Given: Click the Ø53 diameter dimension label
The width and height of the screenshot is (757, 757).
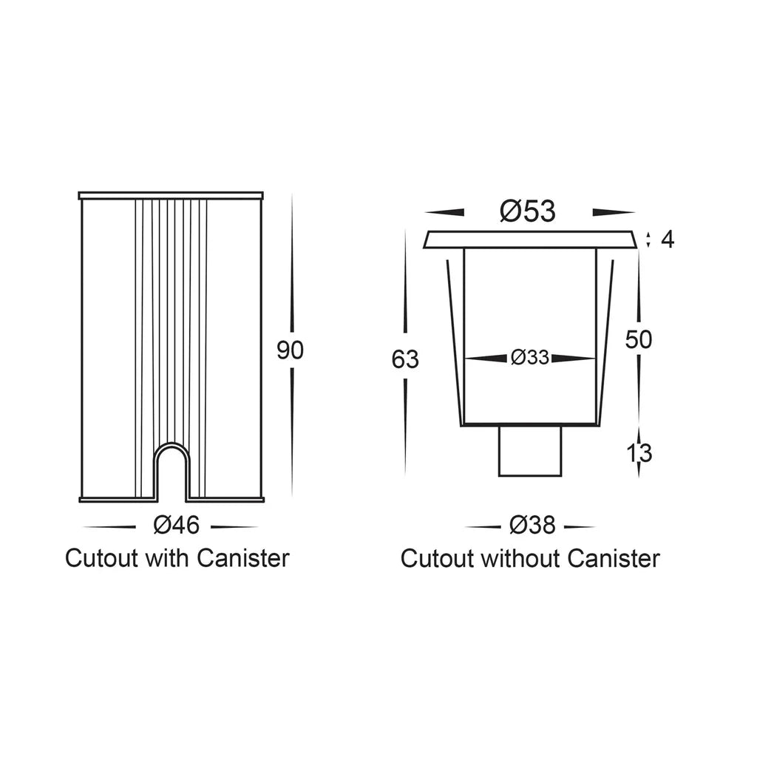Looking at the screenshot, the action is tap(528, 211).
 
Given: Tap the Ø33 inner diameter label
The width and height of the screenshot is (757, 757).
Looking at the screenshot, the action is tap(529, 358).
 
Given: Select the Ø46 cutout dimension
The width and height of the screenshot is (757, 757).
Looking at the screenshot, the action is tap(176, 526).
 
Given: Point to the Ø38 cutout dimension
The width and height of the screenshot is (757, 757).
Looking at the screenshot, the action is tap(532, 526).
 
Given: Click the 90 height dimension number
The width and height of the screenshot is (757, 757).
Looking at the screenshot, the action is tap(290, 350).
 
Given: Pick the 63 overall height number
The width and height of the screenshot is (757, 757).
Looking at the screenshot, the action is tap(405, 360).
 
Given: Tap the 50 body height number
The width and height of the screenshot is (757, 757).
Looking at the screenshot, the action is tap(638, 339).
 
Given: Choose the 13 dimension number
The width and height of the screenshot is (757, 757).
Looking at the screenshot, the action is tap(639, 453).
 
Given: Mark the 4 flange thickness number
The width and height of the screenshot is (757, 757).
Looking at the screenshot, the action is tap(668, 240).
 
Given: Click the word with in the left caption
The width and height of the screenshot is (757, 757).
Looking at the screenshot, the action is tap(167, 559).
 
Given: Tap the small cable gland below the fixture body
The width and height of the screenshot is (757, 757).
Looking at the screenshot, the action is tap(529, 451).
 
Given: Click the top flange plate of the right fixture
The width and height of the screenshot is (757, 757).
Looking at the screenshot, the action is tap(529, 240).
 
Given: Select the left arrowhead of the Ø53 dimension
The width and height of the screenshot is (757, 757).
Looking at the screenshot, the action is tap(444, 212).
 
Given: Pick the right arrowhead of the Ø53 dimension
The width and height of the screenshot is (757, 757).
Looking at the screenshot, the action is tap(613, 212).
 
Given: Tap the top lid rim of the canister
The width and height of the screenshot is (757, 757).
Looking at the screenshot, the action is tap(171, 195).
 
